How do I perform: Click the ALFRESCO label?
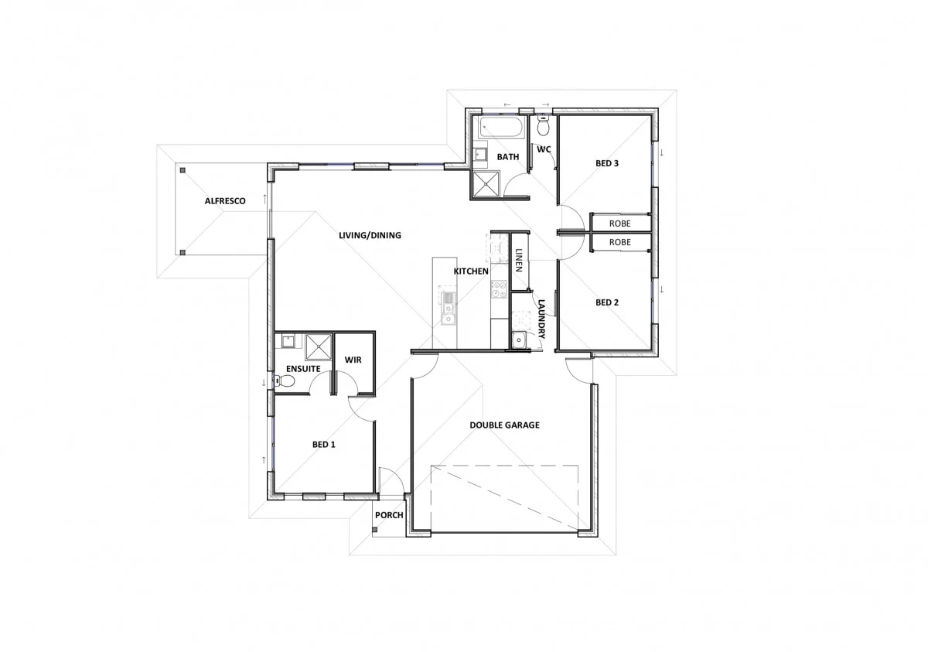coord(225,201)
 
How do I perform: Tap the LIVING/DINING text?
coord(370,235)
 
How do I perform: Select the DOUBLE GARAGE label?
coord(504,425)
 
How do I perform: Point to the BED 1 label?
coord(324,445)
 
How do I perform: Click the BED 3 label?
coord(607,164)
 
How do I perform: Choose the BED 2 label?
coord(607,302)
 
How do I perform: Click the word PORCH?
coord(389,515)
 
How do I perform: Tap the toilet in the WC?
coord(543,125)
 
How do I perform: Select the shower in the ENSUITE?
coord(317,346)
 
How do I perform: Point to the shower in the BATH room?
coord(488,183)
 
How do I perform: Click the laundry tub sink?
coord(518,339)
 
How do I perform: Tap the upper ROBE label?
coord(619,224)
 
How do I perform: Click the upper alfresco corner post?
coord(183,169)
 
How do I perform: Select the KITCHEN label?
coord(470,271)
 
